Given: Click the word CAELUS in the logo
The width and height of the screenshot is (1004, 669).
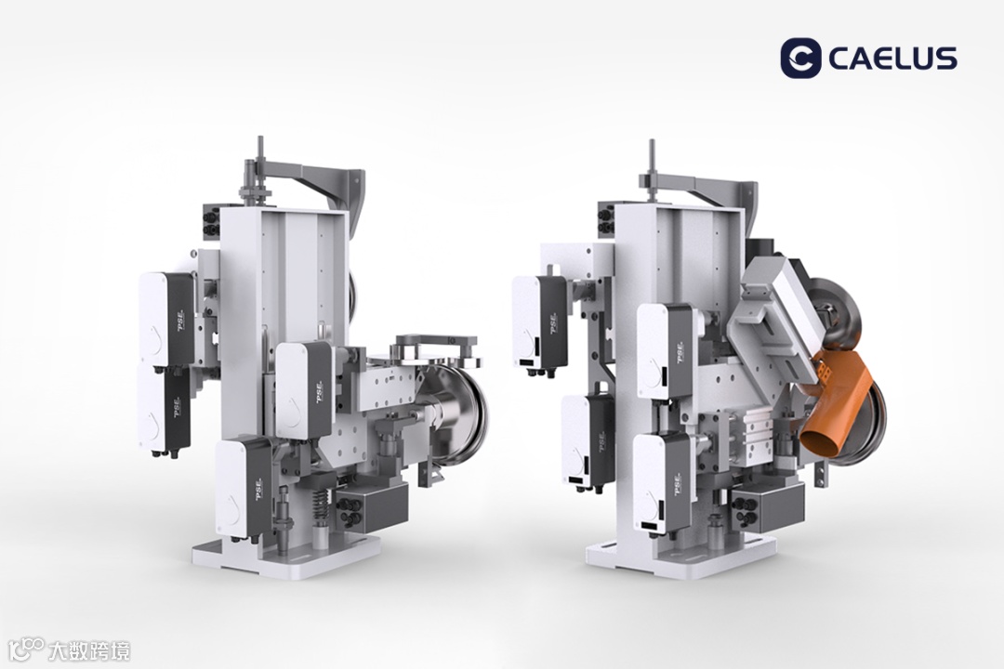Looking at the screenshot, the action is coord(892,59).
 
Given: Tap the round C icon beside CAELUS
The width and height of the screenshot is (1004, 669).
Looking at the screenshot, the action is coord(800,59).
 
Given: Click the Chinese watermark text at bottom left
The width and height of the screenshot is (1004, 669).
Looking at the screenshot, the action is coord(89,650).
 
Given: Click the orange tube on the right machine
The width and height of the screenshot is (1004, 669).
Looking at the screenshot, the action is coord(834,403).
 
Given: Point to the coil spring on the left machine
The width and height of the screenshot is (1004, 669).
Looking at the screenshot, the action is coord(319,505).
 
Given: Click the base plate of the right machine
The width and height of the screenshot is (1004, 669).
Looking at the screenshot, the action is coord(679,557).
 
